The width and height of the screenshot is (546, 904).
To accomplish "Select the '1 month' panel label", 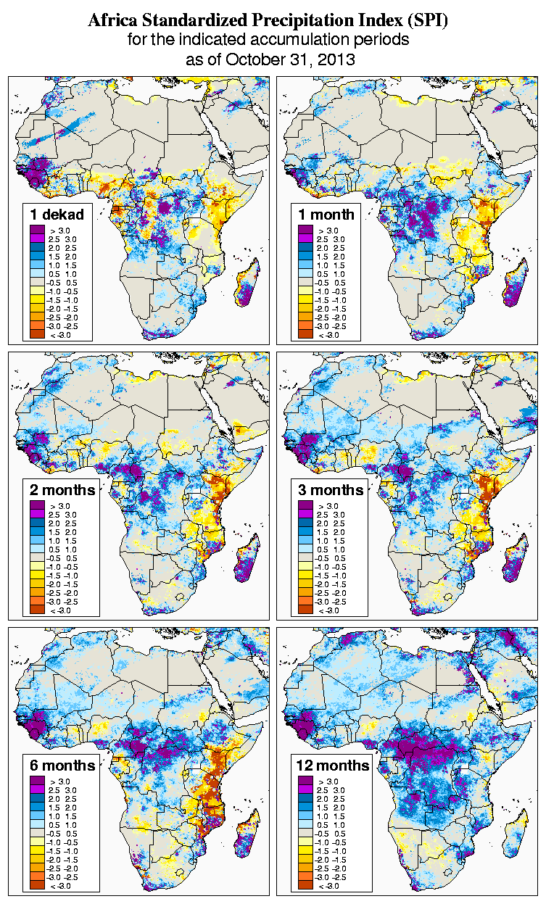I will click(326, 214).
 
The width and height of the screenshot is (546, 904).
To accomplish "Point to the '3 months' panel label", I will click(331, 489).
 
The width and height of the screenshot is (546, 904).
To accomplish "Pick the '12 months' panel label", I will click(333, 766).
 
